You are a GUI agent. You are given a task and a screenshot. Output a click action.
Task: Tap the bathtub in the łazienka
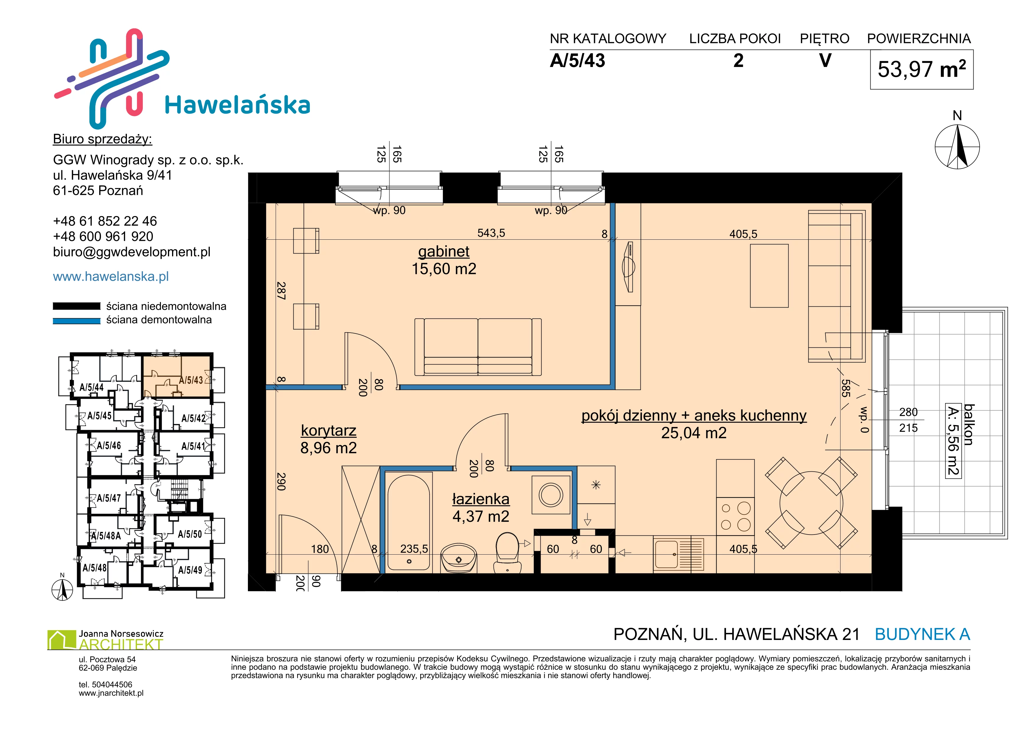[x=408, y=523]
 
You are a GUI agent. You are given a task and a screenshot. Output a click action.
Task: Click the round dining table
[x=811, y=503]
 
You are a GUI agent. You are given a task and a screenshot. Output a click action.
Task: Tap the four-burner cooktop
[x=735, y=517]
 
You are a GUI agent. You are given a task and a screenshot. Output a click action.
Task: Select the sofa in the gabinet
[x=478, y=347]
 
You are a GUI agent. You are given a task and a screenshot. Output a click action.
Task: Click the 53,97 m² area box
[x=921, y=69]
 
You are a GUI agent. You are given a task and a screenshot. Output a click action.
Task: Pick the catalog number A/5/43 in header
[x=578, y=61]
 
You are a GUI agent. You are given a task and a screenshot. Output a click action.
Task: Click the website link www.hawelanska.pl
[x=111, y=276]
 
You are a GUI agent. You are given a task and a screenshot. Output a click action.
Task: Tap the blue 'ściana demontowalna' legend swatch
[x=76, y=321]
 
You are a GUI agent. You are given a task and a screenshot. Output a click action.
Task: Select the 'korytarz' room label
[x=329, y=430]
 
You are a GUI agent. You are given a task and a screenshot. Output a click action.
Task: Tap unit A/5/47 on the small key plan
[x=109, y=498]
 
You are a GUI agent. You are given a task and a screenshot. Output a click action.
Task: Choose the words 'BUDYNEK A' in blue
[x=922, y=635]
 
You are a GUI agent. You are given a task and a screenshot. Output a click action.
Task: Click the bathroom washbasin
[x=458, y=558]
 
